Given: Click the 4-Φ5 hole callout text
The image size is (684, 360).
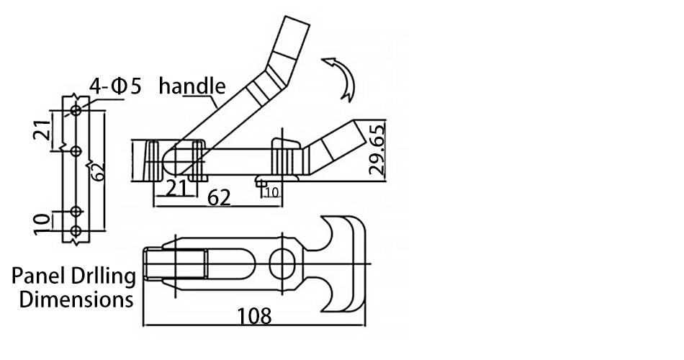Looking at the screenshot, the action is [x=116, y=86].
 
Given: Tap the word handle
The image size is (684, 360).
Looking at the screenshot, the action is [x=192, y=86].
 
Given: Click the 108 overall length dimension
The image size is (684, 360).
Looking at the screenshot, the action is [x=254, y=316].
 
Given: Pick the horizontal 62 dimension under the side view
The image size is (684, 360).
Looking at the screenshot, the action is [x=219, y=198].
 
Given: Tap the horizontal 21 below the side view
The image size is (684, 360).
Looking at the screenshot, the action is [x=176, y=189].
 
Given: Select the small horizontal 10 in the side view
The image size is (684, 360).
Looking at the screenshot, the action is [x=271, y=192].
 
